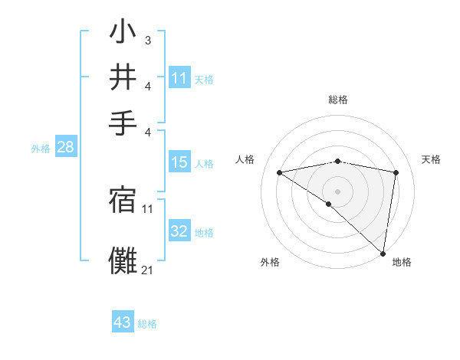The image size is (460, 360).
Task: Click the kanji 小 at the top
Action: [x=123, y=34]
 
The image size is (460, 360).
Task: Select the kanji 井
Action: [x=123, y=77]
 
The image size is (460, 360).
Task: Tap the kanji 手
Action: [x=123, y=121]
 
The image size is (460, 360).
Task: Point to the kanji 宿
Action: [x=123, y=201]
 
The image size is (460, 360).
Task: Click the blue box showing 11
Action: [x=179, y=78]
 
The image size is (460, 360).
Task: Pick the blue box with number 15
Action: [x=179, y=162]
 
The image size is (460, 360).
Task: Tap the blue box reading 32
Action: [x=179, y=231]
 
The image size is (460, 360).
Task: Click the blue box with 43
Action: [x=123, y=322]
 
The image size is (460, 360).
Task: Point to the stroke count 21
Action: [x=147, y=270]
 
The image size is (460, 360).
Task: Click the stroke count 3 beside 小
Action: [x=147, y=40]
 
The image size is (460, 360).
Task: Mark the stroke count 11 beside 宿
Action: [x=147, y=208]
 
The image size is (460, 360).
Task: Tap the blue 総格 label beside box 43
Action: [x=147, y=324]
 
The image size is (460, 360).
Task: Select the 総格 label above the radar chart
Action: [x=337, y=100]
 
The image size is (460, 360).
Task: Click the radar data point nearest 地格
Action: [x=383, y=253]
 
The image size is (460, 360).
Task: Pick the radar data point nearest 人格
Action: [x=279, y=172]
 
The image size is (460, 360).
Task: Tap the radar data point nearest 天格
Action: [x=396, y=172]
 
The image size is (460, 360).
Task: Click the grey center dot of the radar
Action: [x=337, y=190]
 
